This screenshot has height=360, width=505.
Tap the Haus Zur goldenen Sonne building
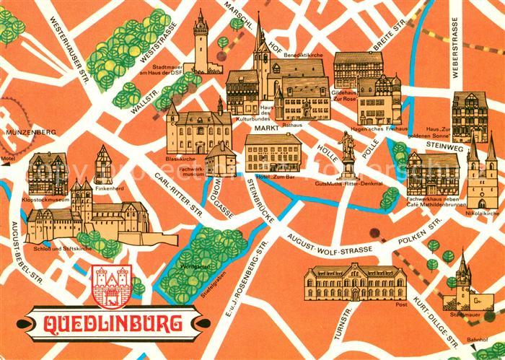pos(470,115)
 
